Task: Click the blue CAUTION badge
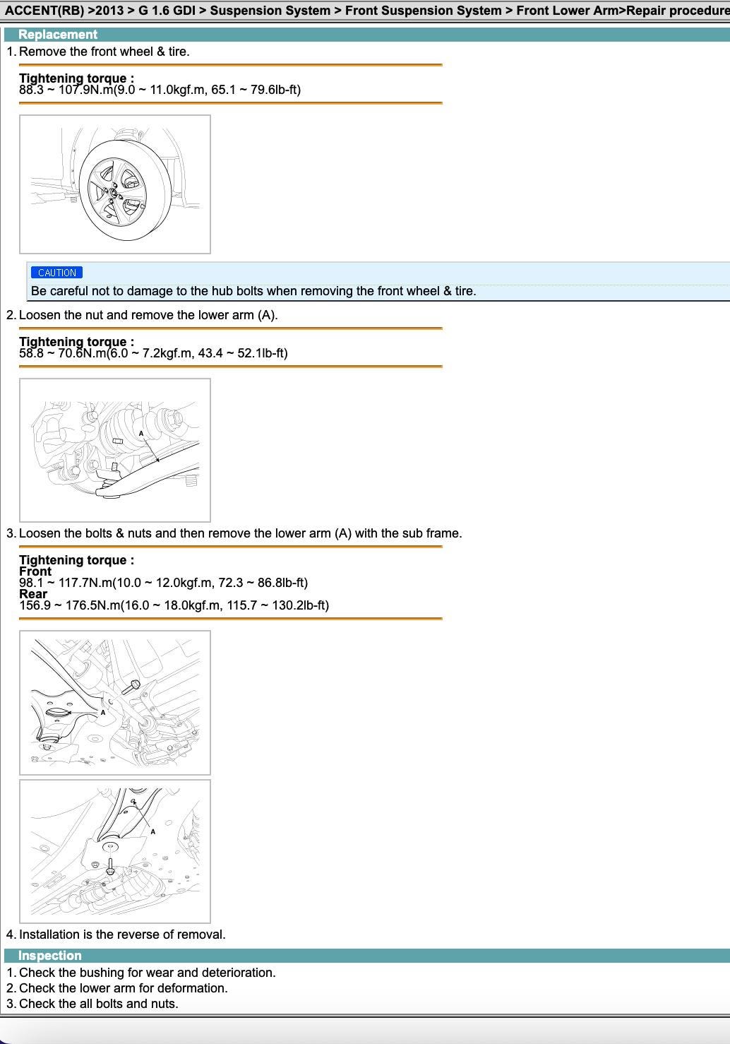point(57,273)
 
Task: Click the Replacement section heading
point(58,35)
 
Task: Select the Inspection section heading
point(50,956)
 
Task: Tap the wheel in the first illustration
point(125,190)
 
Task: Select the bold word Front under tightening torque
point(35,571)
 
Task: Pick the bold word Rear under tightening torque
point(33,594)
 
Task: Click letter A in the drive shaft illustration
point(141,434)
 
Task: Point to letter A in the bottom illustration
point(152,831)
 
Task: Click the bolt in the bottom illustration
point(110,866)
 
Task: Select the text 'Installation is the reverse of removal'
point(122,935)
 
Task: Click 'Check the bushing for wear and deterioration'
point(148,973)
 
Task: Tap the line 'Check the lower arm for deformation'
point(124,988)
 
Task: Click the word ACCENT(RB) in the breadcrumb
point(44,11)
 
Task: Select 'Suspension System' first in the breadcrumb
point(270,11)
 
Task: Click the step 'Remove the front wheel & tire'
point(104,52)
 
